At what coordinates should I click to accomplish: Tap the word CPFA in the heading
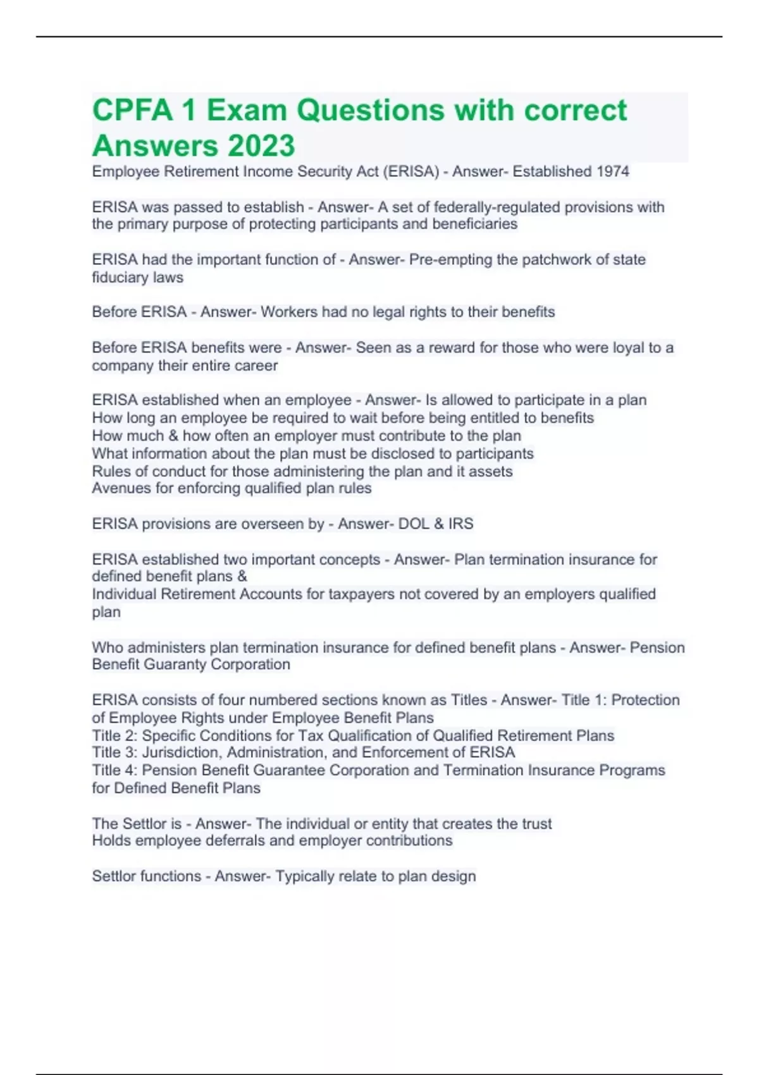point(132,110)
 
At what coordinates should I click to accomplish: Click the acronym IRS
point(460,524)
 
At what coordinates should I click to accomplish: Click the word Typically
point(305,876)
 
